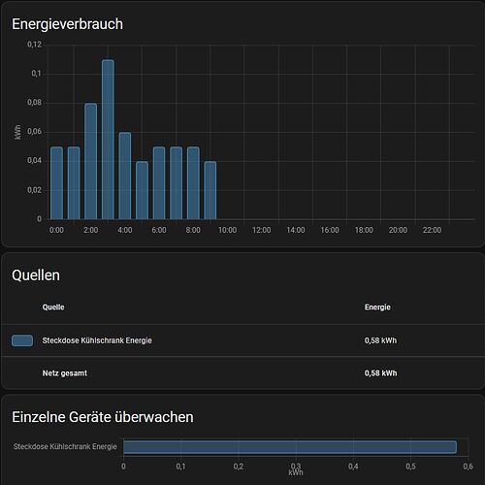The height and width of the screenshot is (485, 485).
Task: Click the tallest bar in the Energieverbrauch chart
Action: (108, 140)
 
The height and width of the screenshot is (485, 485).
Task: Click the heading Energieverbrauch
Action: (67, 23)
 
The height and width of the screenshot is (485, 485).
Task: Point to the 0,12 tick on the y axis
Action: (34, 45)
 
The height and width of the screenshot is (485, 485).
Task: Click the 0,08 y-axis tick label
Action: (34, 103)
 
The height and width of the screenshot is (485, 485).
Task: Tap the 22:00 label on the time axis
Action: (432, 230)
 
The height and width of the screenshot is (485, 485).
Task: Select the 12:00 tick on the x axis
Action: (261, 230)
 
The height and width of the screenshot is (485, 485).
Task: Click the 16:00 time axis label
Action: (329, 230)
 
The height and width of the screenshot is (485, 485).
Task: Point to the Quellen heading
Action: (36, 275)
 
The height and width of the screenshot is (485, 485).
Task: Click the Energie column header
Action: (377, 307)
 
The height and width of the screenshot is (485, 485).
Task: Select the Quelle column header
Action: (54, 307)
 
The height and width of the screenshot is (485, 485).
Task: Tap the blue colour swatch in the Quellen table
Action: (22, 340)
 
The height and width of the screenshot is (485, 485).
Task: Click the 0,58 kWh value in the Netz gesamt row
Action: (380, 372)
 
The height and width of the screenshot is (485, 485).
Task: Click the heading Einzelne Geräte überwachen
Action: (102, 417)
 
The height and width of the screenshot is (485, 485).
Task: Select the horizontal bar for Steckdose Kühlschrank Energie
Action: (289, 447)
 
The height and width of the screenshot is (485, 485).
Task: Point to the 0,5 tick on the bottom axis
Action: (410, 466)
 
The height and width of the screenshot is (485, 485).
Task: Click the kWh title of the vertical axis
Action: (18, 132)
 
